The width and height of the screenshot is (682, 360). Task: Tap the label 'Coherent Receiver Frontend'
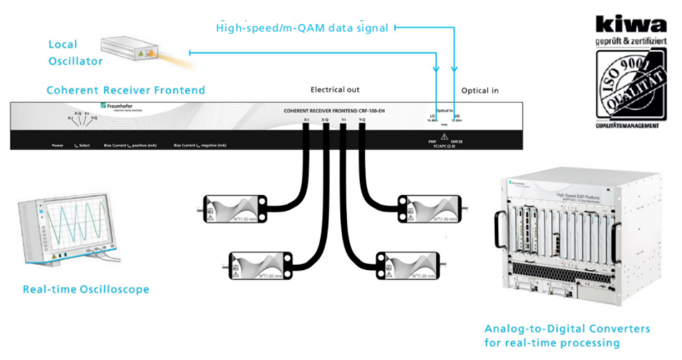pyautogui.click(x=125, y=90)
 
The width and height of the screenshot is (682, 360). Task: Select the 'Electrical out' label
pyautogui.click(x=334, y=89)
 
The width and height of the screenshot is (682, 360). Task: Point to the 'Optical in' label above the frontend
pyautogui.click(x=480, y=90)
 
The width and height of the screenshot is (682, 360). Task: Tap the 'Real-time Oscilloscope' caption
pyautogui.click(x=86, y=289)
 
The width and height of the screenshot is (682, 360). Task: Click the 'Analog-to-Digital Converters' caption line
pyautogui.click(x=567, y=329)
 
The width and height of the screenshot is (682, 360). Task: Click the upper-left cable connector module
pyautogui.click(x=235, y=209)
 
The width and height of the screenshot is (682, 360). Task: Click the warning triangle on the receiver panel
pyautogui.click(x=445, y=136)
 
